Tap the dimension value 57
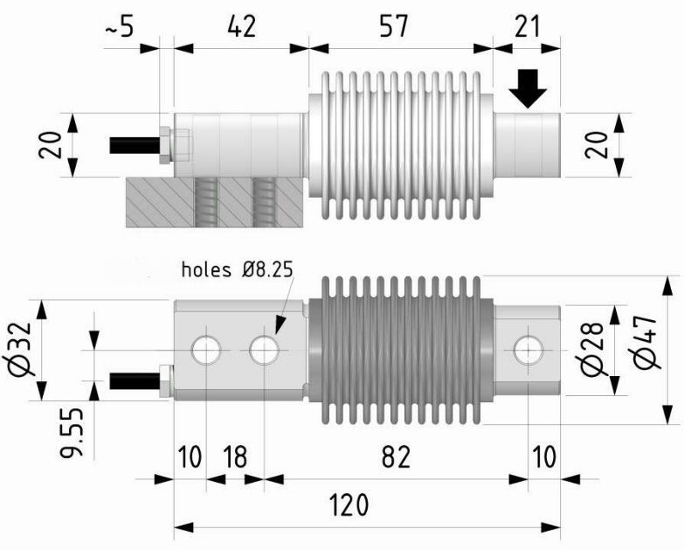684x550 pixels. tap(394, 26)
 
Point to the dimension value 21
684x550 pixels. tap(526, 26)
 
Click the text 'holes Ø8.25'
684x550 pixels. tap(236, 269)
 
